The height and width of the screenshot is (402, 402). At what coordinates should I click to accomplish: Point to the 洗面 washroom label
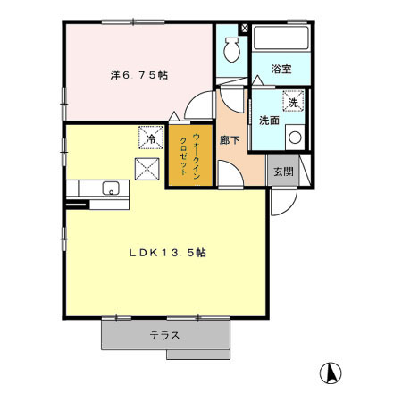tap(269, 120)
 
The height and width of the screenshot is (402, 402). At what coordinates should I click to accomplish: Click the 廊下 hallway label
tap(230, 140)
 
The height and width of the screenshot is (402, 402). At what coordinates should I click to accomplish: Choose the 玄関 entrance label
tap(282, 170)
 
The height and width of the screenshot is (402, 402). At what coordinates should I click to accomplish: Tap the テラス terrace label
tap(165, 336)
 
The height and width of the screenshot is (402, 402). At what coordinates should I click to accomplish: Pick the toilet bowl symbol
tap(231, 48)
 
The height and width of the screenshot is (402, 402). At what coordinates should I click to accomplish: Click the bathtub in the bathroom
tap(280, 39)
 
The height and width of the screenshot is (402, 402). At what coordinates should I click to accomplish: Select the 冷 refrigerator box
tap(151, 140)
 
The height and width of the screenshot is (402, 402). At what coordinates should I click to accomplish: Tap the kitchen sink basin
tap(111, 188)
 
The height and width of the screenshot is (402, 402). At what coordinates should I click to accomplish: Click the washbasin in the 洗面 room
tap(294, 137)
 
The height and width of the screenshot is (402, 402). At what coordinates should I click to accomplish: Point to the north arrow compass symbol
tap(330, 373)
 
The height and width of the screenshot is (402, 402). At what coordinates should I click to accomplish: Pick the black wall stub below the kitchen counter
tap(76, 205)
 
